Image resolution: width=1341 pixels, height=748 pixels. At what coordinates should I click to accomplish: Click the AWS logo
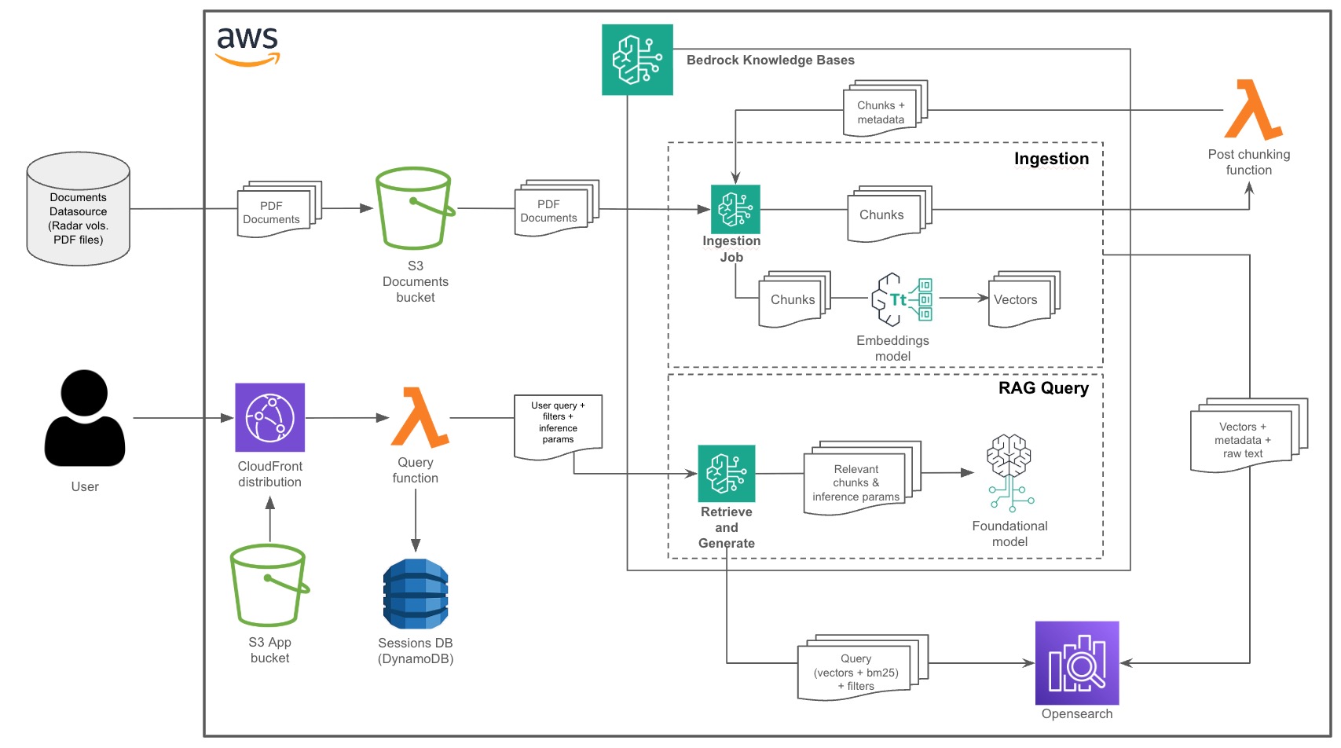[x=247, y=46]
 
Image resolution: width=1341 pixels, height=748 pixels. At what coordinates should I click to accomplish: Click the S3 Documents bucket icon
[x=415, y=208]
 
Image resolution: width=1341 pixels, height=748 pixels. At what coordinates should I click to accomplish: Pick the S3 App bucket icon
[x=269, y=585]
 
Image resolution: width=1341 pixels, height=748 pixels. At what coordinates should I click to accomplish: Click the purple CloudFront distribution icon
[x=269, y=417]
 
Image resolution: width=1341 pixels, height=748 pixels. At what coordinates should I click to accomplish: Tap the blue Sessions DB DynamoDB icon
[x=416, y=594]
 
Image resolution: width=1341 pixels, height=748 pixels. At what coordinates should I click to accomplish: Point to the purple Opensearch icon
[x=1077, y=663]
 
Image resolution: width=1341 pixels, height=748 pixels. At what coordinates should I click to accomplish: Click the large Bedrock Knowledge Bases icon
[x=637, y=60]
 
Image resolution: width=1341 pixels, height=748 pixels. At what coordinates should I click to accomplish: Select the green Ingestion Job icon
[x=735, y=209]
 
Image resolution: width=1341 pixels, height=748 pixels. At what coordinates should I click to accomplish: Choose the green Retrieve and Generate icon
[x=727, y=474]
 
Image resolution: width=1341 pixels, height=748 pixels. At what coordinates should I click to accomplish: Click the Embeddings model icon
[x=902, y=299]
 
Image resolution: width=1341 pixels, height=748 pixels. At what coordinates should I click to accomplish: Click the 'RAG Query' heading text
[x=1043, y=388]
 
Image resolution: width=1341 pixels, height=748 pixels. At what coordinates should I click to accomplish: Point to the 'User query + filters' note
[x=558, y=424]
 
